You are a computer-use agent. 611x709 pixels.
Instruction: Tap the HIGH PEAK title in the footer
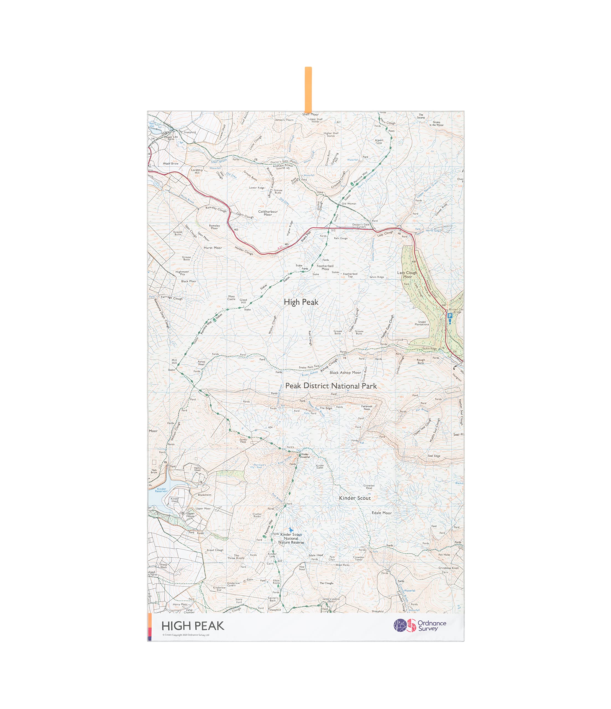pyautogui.click(x=193, y=626)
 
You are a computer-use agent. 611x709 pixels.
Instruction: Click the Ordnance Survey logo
pyautogui.click(x=420, y=626)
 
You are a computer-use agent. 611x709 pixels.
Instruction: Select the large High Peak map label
pyautogui.click(x=301, y=302)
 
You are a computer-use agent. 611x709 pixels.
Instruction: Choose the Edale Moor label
pyautogui.click(x=382, y=513)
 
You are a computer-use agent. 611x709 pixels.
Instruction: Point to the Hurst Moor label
pyautogui.click(x=213, y=248)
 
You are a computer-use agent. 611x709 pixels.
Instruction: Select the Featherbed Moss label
pyautogui.click(x=325, y=267)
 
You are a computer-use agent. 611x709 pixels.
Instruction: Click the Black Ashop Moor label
pyautogui.click(x=345, y=373)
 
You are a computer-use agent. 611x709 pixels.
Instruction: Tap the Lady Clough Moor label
pyautogui.click(x=407, y=275)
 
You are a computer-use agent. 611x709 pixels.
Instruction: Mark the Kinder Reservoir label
pyautogui.click(x=161, y=490)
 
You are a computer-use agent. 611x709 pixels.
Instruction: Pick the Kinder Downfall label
pyautogui.click(x=305, y=455)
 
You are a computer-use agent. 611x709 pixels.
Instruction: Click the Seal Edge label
pyautogui.click(x=434, y=456)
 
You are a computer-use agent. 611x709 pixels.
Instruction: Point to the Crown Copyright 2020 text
pyautogui.click(x=186, y=635)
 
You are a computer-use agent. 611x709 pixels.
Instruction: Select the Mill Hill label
pyautogui.click(x=174, y=362)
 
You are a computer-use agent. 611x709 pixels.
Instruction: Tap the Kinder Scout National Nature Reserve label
pyautogui.click(x=291, y=538)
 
